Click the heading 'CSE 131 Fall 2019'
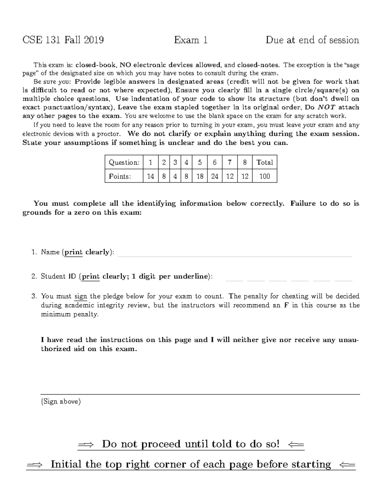(x=63, y=40)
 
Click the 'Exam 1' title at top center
(x=191, y=40)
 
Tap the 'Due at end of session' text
(x=312, y=40)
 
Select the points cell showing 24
(x=215, y=176)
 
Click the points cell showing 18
(x=200, y=176)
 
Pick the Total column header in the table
(x=265, y=163)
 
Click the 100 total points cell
(x=265, y=176)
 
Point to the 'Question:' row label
(x=124, y=163)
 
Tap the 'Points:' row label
(x=120, y=176)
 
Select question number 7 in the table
(x=230, y=163)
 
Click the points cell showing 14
(x=151, y=176)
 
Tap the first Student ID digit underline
(x=234, y=280)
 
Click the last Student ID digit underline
(x=343, y=280)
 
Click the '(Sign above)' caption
(x=61, y=402)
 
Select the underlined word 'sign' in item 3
(x=81, y=296)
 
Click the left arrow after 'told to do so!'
(x=295, y=444)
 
